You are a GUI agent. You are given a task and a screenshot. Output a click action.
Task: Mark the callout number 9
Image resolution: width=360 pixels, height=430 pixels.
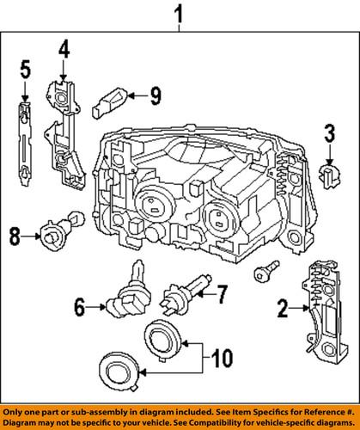155,95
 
